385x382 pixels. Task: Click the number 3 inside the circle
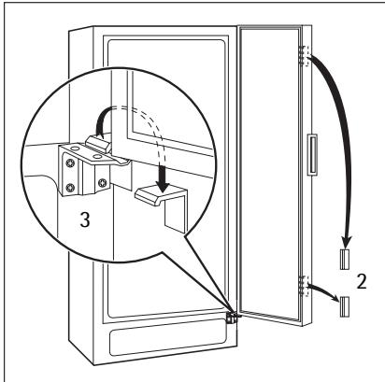(84, 219)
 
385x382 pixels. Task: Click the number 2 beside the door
(362, 281)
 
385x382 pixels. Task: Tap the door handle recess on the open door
(312, 155)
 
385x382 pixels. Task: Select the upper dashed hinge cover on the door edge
(304, 56)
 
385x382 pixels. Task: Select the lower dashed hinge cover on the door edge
(304, 286)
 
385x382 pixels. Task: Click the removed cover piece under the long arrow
(345, 260)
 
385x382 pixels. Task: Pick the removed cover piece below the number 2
(345, 306)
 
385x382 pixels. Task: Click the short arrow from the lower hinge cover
(324, 291)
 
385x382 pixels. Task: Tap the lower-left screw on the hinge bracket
(69, 188)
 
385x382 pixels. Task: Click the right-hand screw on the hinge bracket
(102, 183)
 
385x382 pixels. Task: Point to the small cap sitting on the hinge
(97, 144)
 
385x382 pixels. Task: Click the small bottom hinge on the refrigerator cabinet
(232, 318)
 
